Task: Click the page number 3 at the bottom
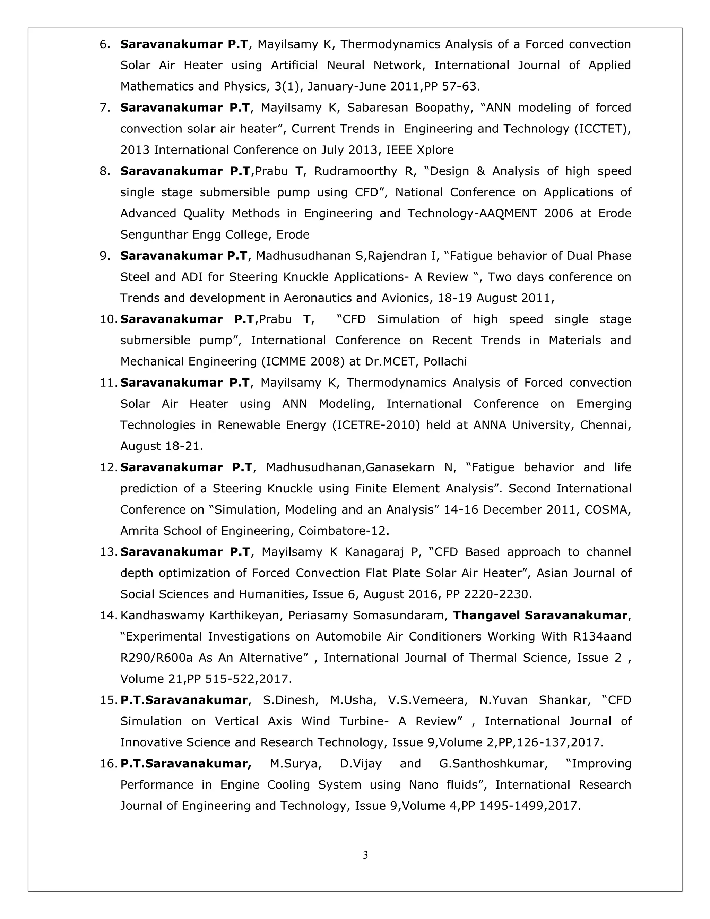pyautogui.click(x=365, y=855)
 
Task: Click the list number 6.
pyautogui.click(x=104, y=44)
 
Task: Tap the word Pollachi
pyautogui.click(x=445, y=362)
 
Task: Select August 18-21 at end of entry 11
pyautogui.click(x=161, y=446)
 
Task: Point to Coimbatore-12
pyautogui.click(x=343, y=531)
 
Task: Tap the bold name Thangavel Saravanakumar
pyautogui.click(x=540, y=616)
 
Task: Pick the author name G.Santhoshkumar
pyautogui.click(x=493, y=764)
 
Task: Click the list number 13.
pyautogui.click(x=109, y=552)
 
